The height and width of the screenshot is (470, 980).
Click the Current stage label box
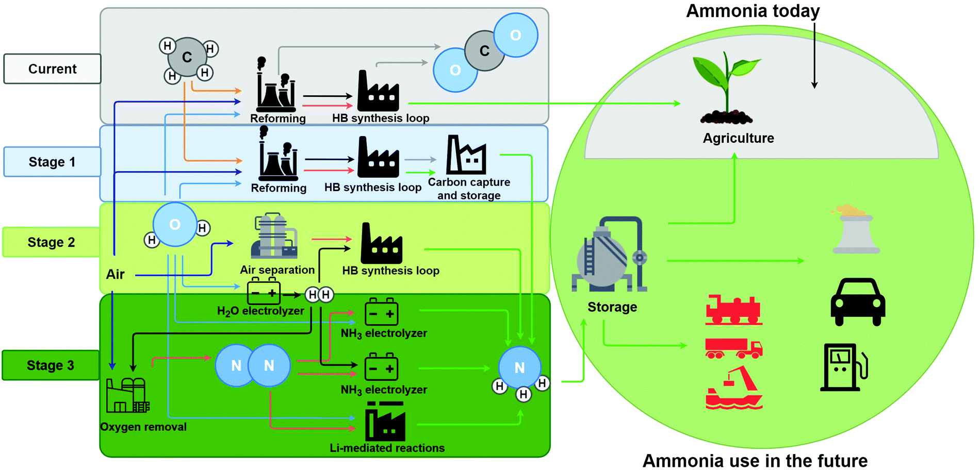[52, 69]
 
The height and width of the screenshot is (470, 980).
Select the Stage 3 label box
[51, 365]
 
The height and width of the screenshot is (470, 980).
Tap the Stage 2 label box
[51, 242]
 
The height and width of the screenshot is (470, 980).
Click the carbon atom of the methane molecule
[187, 57]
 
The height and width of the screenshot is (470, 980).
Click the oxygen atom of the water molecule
[175, 225]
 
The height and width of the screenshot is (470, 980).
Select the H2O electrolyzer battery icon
[264, 292]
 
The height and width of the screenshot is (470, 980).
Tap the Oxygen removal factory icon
[127, 396]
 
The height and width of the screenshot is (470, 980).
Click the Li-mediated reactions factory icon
[385, 424]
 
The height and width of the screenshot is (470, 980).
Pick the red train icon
[733, 310]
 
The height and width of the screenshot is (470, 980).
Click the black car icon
[857, 302]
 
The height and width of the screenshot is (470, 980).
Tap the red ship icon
[733, 389]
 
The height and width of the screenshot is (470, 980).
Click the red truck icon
[733, 348]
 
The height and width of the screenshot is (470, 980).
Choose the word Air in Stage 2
[115, 274]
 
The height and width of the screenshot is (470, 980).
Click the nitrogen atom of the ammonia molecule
[519, 367]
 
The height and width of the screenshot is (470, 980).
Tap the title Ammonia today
[753, 11]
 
